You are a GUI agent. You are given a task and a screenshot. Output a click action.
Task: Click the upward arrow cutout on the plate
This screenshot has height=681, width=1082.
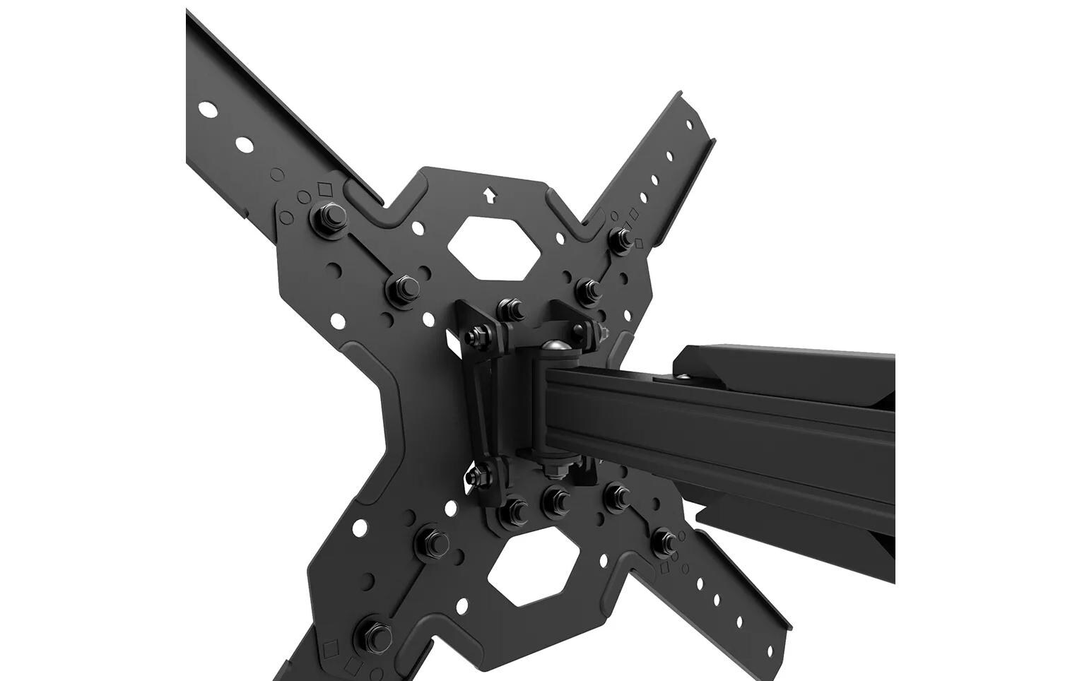click(x=488, y=195)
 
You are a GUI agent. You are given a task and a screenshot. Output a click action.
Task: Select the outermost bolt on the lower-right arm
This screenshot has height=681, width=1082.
click(x=664, y=540)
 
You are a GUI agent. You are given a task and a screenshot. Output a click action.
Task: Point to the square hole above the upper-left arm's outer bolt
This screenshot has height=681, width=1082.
click(x=325, y=189)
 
